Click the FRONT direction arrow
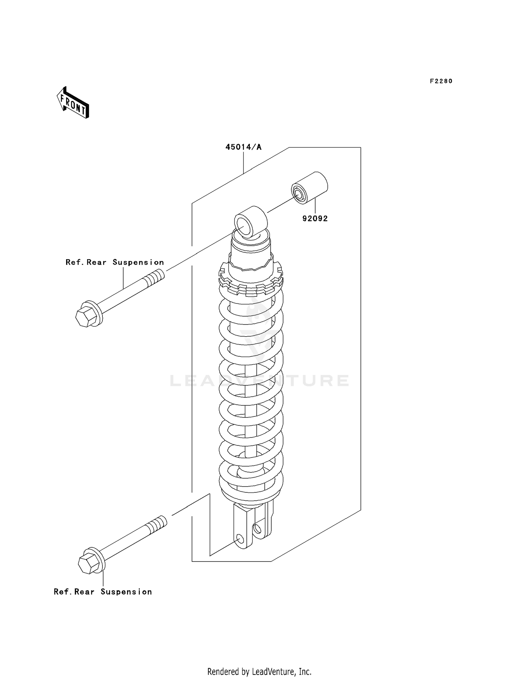click(73, 103)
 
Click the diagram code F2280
click(441, 81)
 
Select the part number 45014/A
click(243, 147)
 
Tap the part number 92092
click(315, 218)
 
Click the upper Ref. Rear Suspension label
click(115, 262)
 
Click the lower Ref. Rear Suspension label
click(103, 592)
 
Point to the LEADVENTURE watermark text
click(259, 381)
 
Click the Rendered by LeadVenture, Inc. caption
click(259, 672)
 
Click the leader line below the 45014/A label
click(243, 162)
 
